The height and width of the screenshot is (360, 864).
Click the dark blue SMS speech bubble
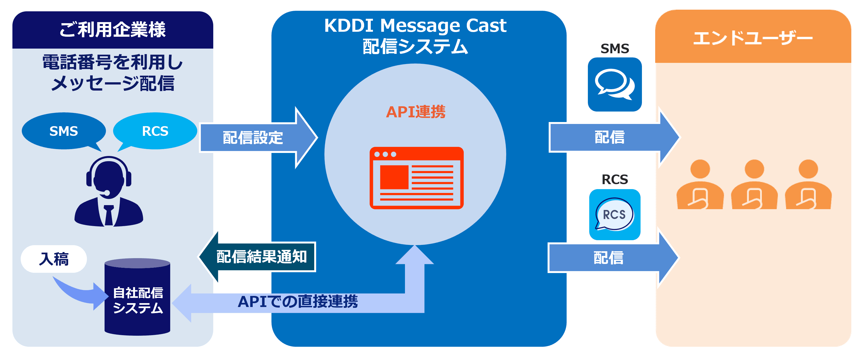click(x=63, y=131)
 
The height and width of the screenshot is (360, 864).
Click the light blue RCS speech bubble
click(x=155, y=131)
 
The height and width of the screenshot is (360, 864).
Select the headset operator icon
click(x=108, y=191)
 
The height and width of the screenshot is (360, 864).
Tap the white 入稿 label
click(x=54, y=259)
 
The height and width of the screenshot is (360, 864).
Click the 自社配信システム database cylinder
click(x=137, y=297)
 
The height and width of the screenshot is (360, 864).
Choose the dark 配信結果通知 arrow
click(x=258, y=257)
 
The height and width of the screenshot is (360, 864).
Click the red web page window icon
click(x=416, y=178)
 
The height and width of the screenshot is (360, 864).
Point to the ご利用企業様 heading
click(x=113, y=30)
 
